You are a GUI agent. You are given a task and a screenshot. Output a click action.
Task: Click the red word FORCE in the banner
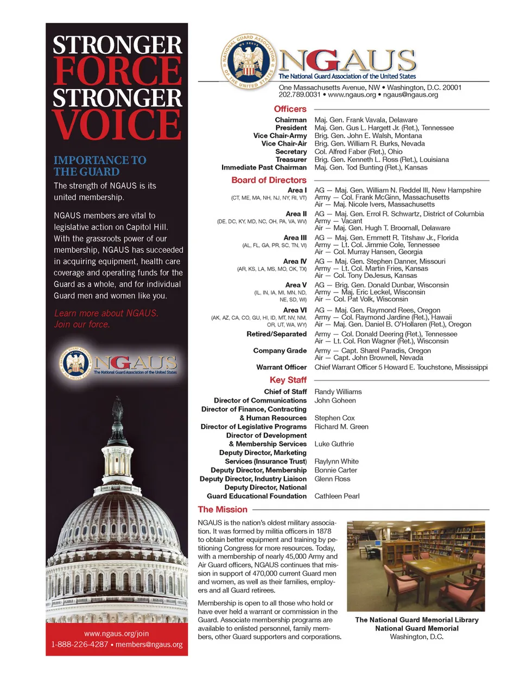click(117, 71)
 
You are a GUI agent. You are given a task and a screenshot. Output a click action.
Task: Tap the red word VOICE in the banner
click(117, 124)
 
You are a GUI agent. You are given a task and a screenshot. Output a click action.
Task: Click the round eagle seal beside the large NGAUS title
click(249, 62)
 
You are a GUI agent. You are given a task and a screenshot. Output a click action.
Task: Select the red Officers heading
click(290, 109)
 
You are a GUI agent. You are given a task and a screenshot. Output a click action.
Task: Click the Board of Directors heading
click(269, 180)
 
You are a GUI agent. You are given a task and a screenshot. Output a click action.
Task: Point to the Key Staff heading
click(288, 380)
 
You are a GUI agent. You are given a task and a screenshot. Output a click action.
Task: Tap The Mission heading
click(223, 509)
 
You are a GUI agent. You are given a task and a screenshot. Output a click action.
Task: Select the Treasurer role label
click(291, 160)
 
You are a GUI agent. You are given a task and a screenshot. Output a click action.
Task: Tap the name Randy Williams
click(338, 392)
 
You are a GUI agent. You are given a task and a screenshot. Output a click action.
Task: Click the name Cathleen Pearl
click(336, 496)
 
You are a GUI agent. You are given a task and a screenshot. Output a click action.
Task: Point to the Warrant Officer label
click(281, 367)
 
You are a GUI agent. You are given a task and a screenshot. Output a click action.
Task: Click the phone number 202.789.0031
click(300, 95)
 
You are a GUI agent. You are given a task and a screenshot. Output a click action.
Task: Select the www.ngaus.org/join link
click(116, 634)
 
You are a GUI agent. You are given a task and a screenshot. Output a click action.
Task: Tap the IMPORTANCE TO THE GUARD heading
click(100, 166)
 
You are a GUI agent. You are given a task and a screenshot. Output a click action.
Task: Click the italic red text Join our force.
click(82, 325)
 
